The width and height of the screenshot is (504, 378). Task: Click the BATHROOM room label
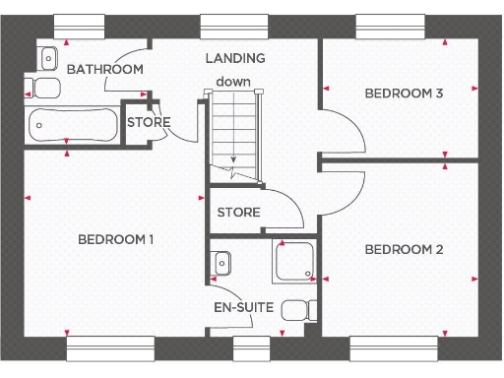(x=104, y=69)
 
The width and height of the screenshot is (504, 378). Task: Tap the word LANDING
(x=234, y=59)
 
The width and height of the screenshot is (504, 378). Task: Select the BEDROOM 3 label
(x=404, y=94)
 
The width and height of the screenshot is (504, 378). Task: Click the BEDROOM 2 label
(x=404, y=249)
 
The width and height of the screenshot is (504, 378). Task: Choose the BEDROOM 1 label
(x=116, y=239)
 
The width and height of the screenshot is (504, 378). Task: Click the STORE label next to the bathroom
(x=148, y=122)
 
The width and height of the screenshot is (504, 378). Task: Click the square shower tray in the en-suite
(x=293, y=263)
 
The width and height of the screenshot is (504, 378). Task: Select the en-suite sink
(x=221, y=263)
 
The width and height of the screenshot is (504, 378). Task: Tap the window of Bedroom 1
(x=110, y=348)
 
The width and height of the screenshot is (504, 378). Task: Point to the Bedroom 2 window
(x=393, y=348)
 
